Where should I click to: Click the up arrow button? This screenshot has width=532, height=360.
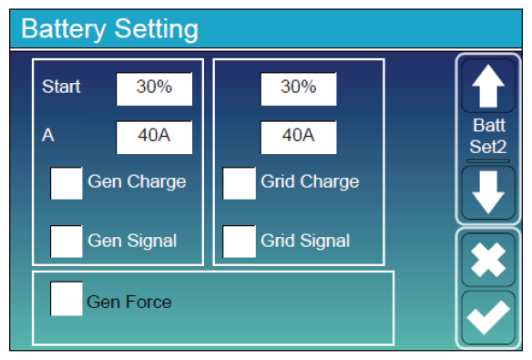(488, 86)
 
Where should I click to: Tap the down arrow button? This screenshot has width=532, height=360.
(488, 192)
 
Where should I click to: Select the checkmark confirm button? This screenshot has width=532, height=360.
(488, 317)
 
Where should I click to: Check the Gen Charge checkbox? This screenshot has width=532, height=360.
(66, 183)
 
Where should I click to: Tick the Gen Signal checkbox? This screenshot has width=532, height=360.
(66, 242)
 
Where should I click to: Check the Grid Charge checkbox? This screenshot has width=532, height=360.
(240, 183)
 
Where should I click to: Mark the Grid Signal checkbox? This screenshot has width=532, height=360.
(240, 242)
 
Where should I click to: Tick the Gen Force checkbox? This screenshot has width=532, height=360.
(66, 299)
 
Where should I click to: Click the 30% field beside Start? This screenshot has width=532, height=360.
(154, 89)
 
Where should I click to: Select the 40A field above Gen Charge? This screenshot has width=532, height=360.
(154, 138)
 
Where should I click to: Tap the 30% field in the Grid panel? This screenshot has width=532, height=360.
(299, 89)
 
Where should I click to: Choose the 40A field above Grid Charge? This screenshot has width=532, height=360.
(299, 138)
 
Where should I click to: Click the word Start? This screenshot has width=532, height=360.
(61, 87)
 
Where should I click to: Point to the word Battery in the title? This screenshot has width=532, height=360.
(64, 29)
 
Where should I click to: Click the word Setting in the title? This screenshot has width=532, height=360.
(157, 29)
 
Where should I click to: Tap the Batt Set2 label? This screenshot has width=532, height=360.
(488, 136)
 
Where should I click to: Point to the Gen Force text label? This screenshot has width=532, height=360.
(129, 302)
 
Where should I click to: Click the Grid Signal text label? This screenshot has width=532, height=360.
(305, 242)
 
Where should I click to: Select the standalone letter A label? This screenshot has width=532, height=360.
(48, 136)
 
